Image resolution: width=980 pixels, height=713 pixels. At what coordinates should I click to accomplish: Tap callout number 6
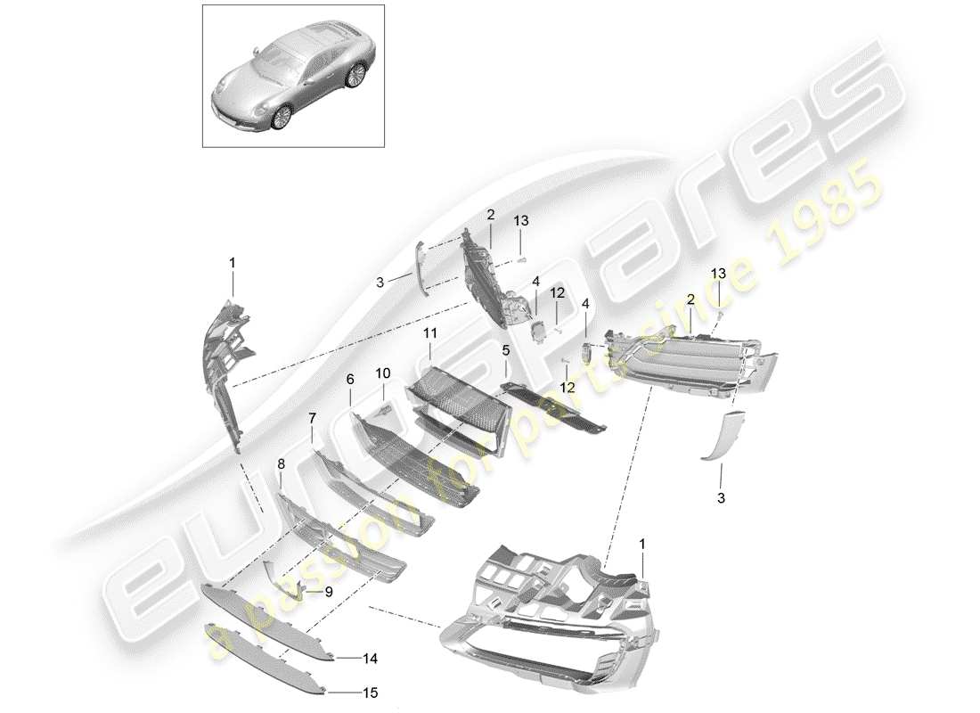coord(350,378)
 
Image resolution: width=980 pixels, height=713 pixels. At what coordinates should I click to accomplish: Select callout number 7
coord(312,415)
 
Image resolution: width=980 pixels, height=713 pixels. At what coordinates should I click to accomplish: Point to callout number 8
coord(281,463)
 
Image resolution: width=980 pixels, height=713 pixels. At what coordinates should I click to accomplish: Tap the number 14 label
coord(371,660)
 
